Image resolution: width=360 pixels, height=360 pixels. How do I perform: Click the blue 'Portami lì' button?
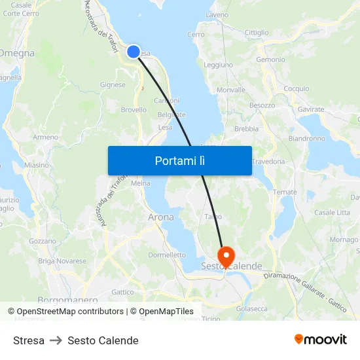pyautogui.click(x=179, y=160)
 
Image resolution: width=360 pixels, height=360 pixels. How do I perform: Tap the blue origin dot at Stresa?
pyautogui.click(x=134, y=51)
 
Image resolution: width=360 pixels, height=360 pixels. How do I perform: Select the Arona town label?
pyautogui.click(x=161, y=217)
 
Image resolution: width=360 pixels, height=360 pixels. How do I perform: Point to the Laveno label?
pyautogui.click(x=217, y=14)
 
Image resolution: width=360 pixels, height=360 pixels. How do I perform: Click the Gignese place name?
pyautogui.click(x=112, y=84)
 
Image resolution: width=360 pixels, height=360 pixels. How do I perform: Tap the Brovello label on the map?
pyautogui.click(x=134, y=110)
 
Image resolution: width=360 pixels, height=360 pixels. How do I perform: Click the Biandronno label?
pyautogui.click(x=306, y=139)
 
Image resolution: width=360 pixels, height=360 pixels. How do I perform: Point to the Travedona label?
pyautogui.click(x=268, y=162)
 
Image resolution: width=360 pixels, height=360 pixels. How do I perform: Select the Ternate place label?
pyautogui.click(x=285, y=192)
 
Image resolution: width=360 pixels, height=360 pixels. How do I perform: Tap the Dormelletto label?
pyautogui.click(x=167, y=255)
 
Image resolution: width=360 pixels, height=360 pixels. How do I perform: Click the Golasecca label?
pyautogui.click(x=251, y=308)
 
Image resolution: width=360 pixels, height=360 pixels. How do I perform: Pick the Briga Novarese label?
pyautogui.click(x=62, y=261)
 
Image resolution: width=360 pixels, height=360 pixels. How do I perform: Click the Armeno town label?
pyautogui.click(x=45, y=137)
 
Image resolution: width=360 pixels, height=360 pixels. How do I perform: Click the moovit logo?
pyautogui.click(x=320, y=339)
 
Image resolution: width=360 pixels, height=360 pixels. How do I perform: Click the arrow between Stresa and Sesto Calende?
pyautogui.click(x=56, y=340)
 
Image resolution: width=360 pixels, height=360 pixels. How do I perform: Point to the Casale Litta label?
pyautogui.click(x=332, y=213)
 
